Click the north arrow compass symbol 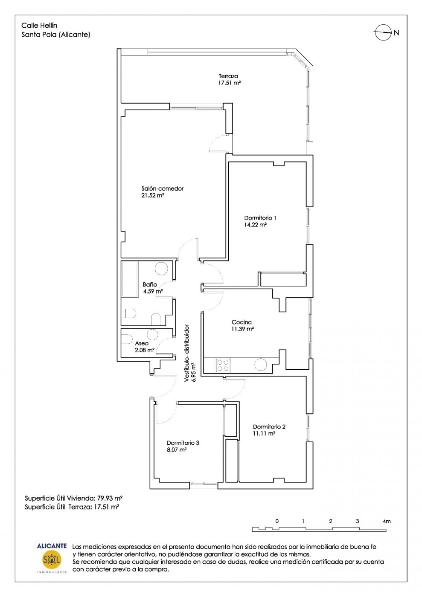(x=383, y=32)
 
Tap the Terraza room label (x=228, y=76)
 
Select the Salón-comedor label (x=163, y=188)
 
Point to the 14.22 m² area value (x=256, y=225)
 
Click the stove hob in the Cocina (x=223, y=365)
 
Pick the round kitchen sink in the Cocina (x=260, y=365)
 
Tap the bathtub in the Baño (x=130, y=279)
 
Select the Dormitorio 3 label (x=183, y=443)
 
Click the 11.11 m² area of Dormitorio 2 (x=264, y=434)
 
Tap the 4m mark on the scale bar (x=387, y=521)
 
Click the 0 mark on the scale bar (x=277, y=521)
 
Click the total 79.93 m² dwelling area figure (x=111, y=498)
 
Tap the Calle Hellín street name (x=39, y=26)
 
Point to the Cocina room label (x=242, y=322)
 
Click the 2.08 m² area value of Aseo (x=145, y=350)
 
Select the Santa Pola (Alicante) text (x=56, y=35)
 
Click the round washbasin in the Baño (x=161, y=268)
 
